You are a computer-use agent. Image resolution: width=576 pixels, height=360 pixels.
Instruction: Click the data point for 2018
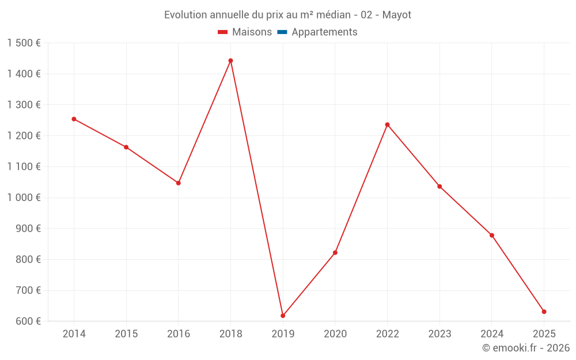[x=230, y=60]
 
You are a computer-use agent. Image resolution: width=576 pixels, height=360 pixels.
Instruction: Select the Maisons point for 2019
[x=283, y=316]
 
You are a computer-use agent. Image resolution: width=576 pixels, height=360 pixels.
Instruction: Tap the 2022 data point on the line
[x=387, y=124]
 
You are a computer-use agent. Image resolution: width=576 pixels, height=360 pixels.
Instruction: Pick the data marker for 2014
[x=74, y=119]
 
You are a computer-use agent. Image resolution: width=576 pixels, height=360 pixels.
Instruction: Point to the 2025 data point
[x=544, y=312]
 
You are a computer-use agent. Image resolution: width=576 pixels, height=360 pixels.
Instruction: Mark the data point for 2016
[x=179, y=183]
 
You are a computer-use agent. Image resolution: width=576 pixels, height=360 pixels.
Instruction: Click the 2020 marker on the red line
[x=335, y=253]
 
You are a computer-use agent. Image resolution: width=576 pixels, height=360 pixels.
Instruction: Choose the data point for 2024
[x=492, y=235]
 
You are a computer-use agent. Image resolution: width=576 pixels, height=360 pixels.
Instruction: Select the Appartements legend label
[x=324, y=32]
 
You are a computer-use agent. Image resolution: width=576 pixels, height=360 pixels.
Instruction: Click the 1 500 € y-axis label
[x=24, y=43]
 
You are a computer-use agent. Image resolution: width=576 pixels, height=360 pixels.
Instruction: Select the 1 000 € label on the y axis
[x=24, y=198]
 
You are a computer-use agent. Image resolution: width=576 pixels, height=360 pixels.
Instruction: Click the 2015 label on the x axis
[x=126, y=334]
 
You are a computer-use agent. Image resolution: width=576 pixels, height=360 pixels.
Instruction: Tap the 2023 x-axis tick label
[x=439, y=334]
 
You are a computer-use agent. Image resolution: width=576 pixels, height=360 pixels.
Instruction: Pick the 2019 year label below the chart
[x=283, y=334]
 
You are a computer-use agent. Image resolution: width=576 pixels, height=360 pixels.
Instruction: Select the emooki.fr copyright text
[x=526, y=348]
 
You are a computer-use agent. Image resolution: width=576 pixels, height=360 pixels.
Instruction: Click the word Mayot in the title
[x=397, y=15]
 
